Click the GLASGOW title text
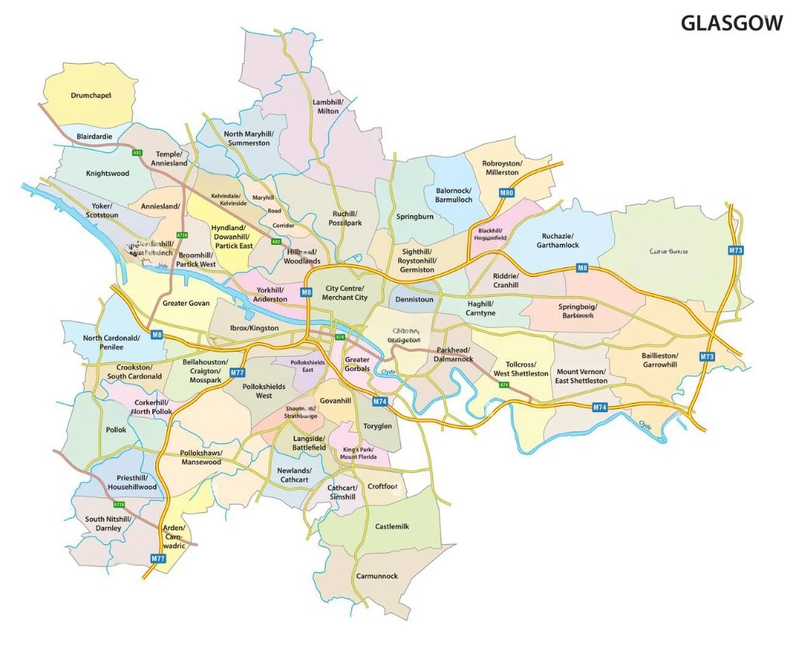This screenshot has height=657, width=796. (x=731, y=23)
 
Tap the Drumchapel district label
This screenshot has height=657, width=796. (x=91, y=96)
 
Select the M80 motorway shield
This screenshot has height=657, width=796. (x=507, y=193)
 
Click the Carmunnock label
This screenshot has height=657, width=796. (x=376, y=576)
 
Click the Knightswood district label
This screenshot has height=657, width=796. (x=107, y=173)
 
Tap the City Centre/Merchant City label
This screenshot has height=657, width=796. (x=344, y=293)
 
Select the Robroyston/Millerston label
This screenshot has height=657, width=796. (x=501, y=168)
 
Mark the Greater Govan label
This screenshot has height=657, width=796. (x=186, y=303)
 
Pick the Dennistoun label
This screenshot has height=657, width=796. (x=414, y=299)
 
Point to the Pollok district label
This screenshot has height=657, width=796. (x=116, y=430)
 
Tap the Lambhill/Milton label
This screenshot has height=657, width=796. (x=328, y=107)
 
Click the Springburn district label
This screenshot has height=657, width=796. (x=414, y=217)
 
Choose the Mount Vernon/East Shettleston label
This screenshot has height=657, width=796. (x=581, y=377)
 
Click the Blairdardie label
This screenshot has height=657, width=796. (x=94, y=136)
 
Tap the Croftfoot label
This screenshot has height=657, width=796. (x=382, y=487)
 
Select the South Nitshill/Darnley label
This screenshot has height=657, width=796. (x=108, y=523)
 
